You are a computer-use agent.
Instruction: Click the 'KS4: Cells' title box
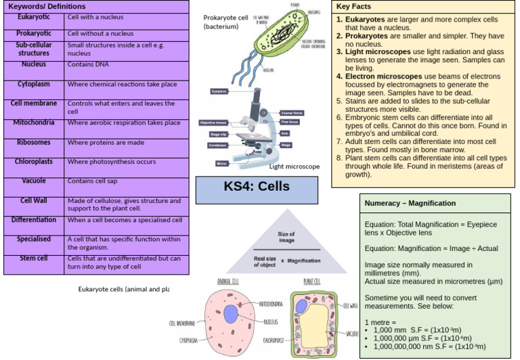[256, 187]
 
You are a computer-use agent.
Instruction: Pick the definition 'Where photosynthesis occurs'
[112, 162]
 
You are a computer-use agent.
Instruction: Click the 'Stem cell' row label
[34, 258]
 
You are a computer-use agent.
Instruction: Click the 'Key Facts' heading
[353, 6]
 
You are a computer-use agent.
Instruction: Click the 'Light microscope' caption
[295, 166]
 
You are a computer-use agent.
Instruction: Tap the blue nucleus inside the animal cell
[231, 314]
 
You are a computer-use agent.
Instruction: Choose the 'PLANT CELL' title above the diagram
[312, 281]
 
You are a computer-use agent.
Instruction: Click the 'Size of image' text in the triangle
[286, 237]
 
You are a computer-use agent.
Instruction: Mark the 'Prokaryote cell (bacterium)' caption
[226, 22]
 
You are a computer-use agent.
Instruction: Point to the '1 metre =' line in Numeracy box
[381, 321]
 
